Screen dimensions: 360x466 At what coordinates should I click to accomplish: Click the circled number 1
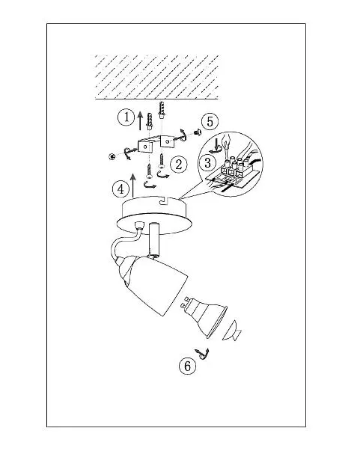[126, 117]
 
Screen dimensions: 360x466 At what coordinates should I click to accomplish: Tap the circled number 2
[179, 165]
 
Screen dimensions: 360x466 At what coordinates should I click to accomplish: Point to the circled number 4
[120, 189]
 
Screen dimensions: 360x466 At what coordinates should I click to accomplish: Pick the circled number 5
[210, 122]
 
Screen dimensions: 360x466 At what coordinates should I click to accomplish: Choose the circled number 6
[188, 366]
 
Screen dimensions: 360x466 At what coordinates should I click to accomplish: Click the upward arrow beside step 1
[141, 120]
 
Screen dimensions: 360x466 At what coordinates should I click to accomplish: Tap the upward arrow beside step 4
[133, 186]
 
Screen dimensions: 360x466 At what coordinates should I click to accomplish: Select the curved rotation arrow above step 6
[202, 354]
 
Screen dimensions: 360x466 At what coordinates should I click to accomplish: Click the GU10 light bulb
[204, 316]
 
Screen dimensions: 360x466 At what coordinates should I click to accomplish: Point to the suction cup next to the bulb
[232, 331]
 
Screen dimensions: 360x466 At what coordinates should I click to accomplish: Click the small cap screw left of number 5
[197, 132]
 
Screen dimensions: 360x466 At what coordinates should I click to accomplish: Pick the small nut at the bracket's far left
[112, 156]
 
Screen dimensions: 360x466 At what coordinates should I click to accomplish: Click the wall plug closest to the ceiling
[162, 109]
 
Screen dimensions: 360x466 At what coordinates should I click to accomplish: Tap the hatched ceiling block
[157, 77]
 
